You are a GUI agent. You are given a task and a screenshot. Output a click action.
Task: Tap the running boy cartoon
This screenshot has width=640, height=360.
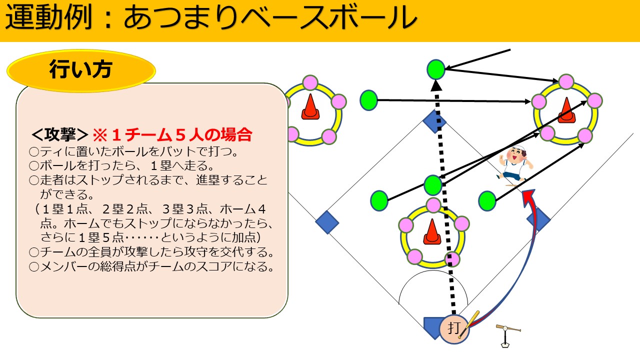514,166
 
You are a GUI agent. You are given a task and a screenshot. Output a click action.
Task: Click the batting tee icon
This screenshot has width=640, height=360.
507,335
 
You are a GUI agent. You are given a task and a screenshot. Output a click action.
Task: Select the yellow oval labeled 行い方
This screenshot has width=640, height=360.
81,70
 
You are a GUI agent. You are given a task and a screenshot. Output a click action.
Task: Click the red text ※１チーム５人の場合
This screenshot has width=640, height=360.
172,135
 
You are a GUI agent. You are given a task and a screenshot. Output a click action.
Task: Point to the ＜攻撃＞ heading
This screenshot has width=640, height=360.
59,135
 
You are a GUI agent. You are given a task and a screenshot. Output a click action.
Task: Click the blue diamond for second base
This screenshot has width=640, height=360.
434,121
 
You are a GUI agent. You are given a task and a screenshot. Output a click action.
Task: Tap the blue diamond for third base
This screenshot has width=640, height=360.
327,222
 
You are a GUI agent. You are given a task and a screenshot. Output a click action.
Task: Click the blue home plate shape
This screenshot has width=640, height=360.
433,328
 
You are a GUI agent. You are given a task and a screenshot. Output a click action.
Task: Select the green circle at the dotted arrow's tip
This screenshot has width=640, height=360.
435,69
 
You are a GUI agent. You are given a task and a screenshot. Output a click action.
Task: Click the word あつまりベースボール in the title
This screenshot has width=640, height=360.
270,17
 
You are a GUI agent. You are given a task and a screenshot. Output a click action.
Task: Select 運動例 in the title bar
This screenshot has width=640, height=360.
48,17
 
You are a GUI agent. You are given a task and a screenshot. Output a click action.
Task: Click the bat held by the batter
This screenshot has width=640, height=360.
469,324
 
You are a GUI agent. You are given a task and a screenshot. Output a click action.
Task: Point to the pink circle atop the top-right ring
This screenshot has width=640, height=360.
566,81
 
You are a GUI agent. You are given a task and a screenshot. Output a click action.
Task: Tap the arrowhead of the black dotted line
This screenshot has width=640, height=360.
436,85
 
